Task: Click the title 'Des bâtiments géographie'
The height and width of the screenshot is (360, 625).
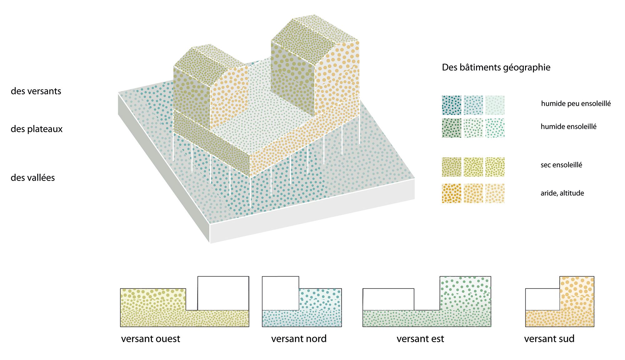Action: click(x=496, y=67)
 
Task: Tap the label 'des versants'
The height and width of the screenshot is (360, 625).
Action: click(x=36, y=91)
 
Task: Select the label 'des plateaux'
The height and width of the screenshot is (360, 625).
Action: click(x=37, y=129)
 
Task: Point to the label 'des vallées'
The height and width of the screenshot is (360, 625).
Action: click(x=33, y=178)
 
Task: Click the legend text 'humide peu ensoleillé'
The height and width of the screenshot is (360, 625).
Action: click(x=576, y=104)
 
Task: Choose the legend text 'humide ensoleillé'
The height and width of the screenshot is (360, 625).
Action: click(x=568, y=127)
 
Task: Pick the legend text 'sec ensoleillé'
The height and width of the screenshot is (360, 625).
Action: click(x=561, y=165)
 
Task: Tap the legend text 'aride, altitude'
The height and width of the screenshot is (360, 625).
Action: click(x=562, y=193)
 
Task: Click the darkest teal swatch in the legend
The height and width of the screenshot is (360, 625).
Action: click(x=452, y=105)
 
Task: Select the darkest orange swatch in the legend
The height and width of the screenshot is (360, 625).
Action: click(x=452, y=193)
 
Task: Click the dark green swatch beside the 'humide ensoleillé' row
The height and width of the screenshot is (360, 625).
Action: click(x=452, y=128)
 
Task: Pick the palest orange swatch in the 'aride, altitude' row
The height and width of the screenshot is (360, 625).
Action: click(x=495, y=193)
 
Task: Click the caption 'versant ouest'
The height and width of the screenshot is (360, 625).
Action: click(x=151, y=339)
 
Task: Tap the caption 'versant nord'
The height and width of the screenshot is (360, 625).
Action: click(x=299, y=339)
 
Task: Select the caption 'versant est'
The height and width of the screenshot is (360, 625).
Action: click(x=420, y=339)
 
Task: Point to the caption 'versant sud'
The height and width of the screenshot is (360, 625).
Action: click(x=549, y=339)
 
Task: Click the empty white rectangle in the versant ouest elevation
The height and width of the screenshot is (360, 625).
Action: click(x=223, y=293)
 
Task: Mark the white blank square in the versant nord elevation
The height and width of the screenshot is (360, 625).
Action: click(x=280, y=293)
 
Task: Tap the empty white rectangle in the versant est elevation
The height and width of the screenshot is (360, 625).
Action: click(x=388, y=299)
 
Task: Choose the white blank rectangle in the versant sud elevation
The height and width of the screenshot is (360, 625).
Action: click(x=542, y=299)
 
